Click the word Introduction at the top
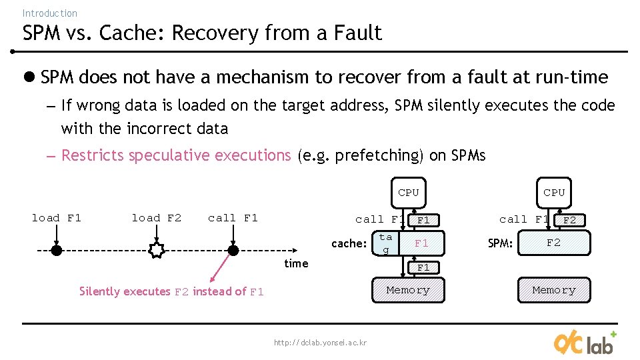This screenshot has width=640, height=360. click(49, 13)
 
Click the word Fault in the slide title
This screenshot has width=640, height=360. click(359, 33)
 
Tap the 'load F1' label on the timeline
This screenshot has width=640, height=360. click(57, 218)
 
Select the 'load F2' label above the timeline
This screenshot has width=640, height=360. click(157, 218)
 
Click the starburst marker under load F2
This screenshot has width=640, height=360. click(157, 251)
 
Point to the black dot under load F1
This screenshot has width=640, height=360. click(57, 251)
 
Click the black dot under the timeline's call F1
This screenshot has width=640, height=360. click(233, 251)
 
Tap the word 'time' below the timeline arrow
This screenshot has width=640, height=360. click(296, 263)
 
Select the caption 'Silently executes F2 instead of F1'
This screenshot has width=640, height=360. click(171, 291)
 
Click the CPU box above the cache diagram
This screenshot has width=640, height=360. click(408, 193)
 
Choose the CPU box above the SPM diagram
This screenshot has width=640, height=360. click(553, 193)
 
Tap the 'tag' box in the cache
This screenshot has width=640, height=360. click(385, 243)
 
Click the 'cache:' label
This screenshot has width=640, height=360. click(349, 243)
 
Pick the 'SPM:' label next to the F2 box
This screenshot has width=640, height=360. click(500, 243)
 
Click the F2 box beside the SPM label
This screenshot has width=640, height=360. click(553, 243)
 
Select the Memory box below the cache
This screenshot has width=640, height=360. click(408, 290)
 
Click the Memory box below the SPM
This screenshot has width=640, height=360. click(553, 290)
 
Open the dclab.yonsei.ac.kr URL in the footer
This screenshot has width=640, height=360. click(320, 343)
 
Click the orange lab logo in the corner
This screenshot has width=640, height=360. click(585, 343)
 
